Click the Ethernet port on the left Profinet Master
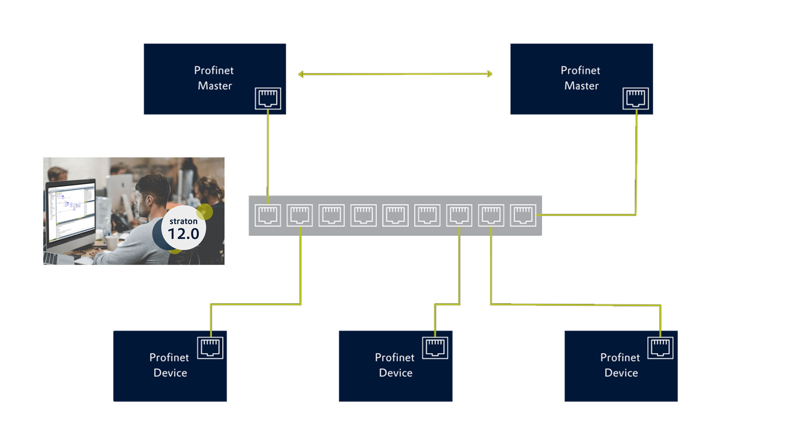[x=268, y=98]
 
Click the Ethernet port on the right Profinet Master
[x=635, y=98]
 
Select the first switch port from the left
[x=268, y=215]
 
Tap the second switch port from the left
[x=300, y=215]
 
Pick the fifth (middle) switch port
[x=395, y=215]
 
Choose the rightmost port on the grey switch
[x=523, y=215]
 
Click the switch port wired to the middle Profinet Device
[x=459, y=215]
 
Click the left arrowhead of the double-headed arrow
[x=301, y=74]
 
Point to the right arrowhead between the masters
[x=489, y=74]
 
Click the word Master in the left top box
[x=215, y=86]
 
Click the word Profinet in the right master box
[x=580, y=70]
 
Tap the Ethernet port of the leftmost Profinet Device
[x=210, y=348]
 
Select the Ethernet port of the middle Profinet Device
[x=435, y=348]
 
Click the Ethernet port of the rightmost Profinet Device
[x=660, y=348]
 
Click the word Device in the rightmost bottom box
[x=621, y=373]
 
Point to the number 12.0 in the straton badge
[x=183, y=234]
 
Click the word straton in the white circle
[x=183, y=221]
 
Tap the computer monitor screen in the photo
[x=71, y=212]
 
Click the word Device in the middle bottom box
[x=395, y=373]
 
